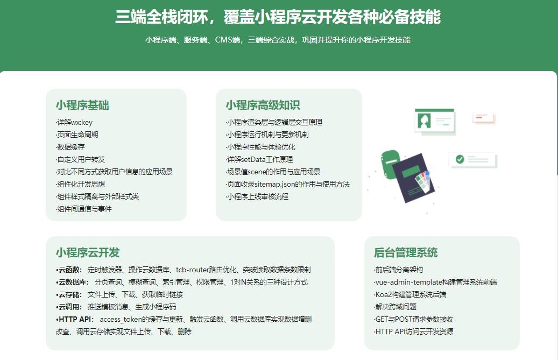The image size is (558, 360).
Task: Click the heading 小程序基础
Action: click(82, 105)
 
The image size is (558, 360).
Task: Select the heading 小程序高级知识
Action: click(263, 105)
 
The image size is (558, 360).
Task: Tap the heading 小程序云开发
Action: click(88, 252)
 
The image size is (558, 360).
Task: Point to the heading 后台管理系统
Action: click(406, 252)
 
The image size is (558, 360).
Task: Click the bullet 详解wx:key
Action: click(74, 122)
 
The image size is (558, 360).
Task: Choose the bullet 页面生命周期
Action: click(77, 135)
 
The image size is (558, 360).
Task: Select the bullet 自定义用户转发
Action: click(80, 159)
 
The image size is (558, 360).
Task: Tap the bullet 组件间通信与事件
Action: click(83, 209)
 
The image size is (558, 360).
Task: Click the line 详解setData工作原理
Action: click(259, 159)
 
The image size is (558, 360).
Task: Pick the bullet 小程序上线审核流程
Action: click(257, 196)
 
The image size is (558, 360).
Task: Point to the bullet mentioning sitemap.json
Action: click(287, 184)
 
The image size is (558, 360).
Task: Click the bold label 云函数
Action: click(69, 270)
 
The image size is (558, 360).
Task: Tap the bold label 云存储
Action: click(69, 294)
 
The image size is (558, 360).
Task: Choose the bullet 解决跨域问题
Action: click(395, 307)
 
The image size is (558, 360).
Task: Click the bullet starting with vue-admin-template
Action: click(435, 283)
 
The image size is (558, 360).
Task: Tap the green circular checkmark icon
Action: click(460, 159)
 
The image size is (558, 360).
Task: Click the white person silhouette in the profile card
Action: click(424, 121)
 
